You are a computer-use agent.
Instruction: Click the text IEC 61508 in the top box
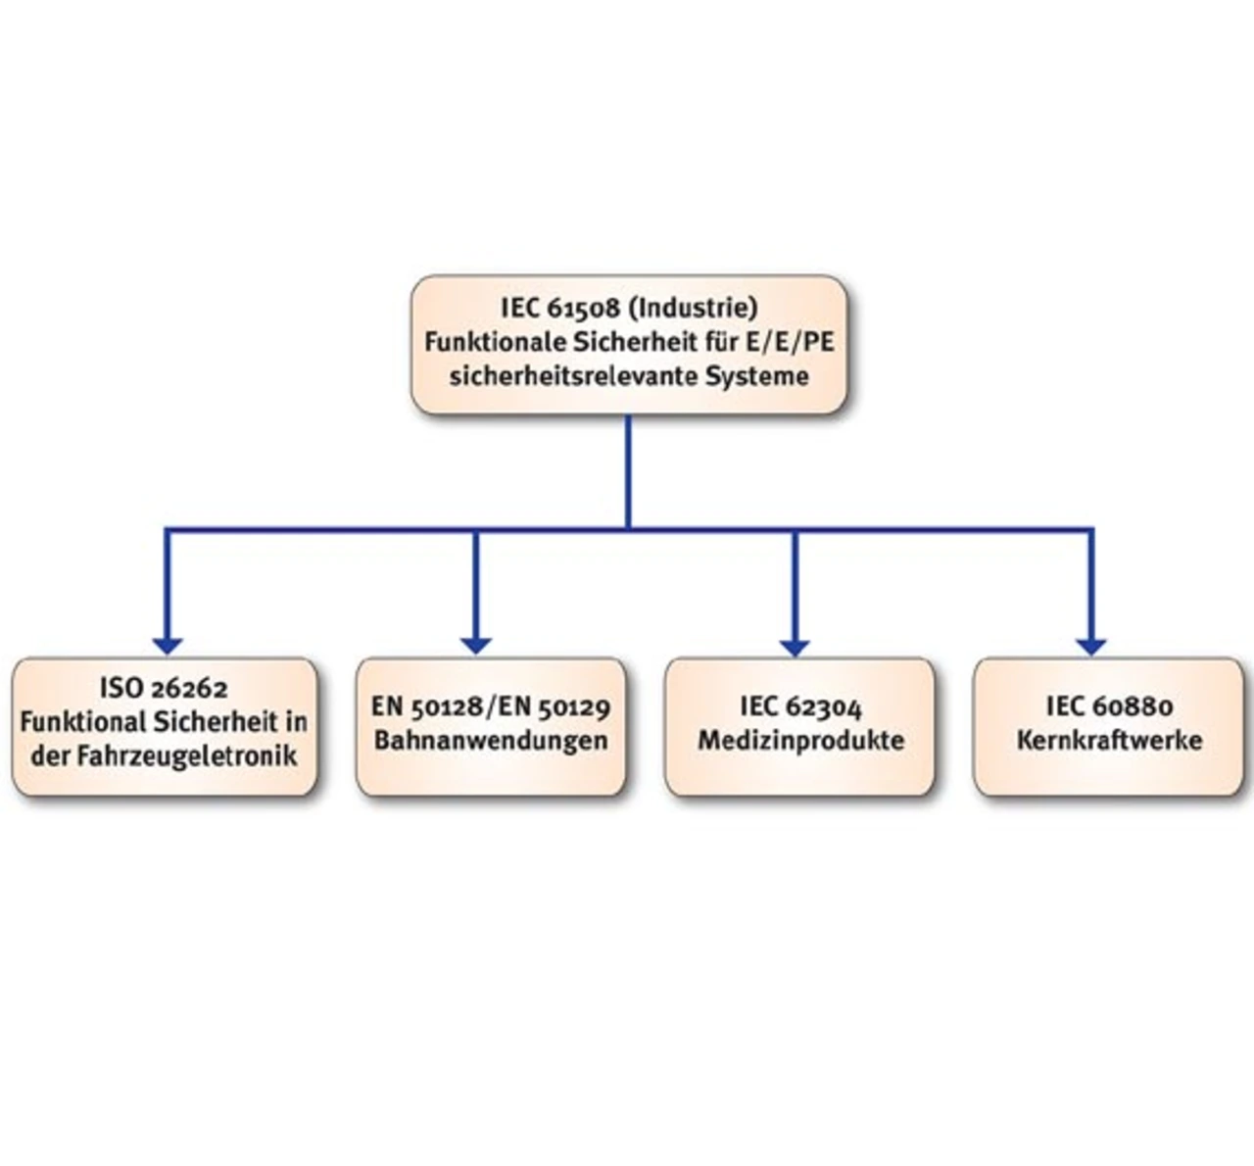click(x=560, y=308)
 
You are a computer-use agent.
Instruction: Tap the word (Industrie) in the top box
click(x=693, y=308)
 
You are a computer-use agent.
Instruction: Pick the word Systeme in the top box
click(x=757, y=377)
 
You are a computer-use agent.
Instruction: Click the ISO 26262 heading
click(x=164, y=687)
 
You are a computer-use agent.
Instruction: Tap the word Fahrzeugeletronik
click(x=187, y=755)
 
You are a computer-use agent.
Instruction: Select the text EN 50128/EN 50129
click(x=491, y=706)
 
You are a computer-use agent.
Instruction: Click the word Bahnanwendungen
click(x=491, y=741)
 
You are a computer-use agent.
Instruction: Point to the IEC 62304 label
click(x=800, y=706)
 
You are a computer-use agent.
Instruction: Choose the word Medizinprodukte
click(x=800, y=741)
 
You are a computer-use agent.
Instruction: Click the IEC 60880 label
click(x=1109, y=706)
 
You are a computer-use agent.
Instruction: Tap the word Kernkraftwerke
click(x=1109, y=741)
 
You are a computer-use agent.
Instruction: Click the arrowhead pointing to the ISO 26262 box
click(x=168, y=646)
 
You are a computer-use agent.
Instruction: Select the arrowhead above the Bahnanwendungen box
click(x=476, y=646)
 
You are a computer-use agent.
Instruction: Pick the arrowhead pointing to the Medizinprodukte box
click(x=795, y=648)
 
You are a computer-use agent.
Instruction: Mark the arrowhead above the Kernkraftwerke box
click(x=1091, y=646)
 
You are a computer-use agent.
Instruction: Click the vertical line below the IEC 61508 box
click(x=628, y=472)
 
